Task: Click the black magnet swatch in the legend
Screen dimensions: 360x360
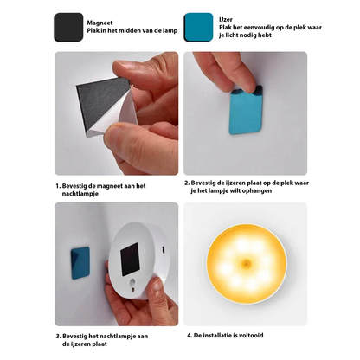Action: (x=68, y=27)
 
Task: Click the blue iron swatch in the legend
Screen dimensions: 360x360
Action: (x=199, y=27)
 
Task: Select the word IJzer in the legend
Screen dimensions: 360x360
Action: (x=226, y=20)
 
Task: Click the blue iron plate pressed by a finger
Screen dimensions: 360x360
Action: (x=245, y=110)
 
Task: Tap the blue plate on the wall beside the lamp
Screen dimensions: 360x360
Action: (x=80, y=263)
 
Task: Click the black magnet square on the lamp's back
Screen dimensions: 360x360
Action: (x=130, y=259)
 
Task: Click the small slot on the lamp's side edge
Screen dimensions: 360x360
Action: (x=164, y=248)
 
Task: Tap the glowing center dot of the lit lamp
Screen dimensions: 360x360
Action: (x=246, y=263)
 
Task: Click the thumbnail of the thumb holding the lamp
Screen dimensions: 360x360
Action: (x=157, y=285)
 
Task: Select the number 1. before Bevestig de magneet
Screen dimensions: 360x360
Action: (x=58, y=186)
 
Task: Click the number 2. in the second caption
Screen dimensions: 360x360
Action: (x=187, y=183)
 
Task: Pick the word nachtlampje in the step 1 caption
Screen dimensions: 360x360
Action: (x=80, y=194)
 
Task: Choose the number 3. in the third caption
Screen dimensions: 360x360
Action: (x=58, y=337)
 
